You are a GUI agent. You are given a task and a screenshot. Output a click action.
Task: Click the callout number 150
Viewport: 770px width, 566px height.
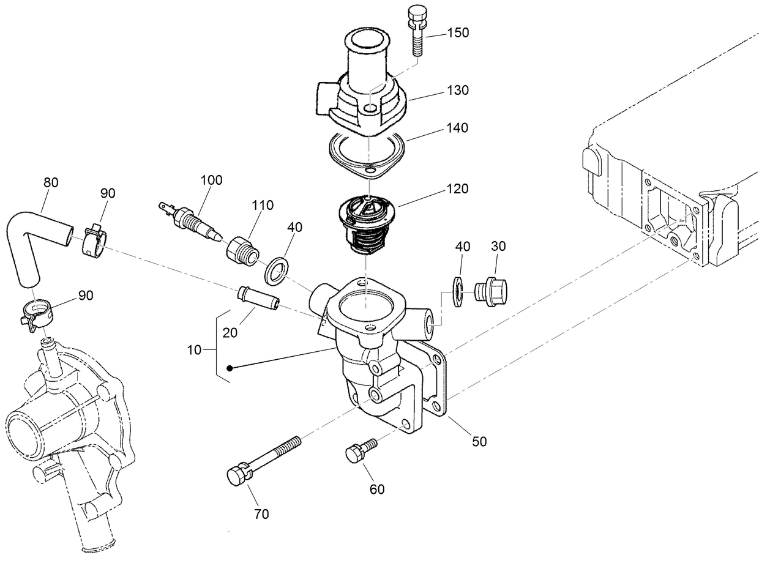click(458, 33)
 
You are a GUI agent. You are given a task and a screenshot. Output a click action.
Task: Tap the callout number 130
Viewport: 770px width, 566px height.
click(458, 91)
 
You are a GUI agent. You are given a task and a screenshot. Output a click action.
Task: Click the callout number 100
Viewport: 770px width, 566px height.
click(212, 180)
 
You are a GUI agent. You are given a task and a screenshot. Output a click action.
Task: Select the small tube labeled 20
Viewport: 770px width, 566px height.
click(257, 297)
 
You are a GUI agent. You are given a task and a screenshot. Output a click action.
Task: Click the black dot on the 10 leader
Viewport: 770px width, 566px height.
click(230, 368)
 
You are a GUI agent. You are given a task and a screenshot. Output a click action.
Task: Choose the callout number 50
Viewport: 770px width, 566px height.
click(479, 441)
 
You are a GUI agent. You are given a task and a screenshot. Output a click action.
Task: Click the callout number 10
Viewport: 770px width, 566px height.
click(194, 349)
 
